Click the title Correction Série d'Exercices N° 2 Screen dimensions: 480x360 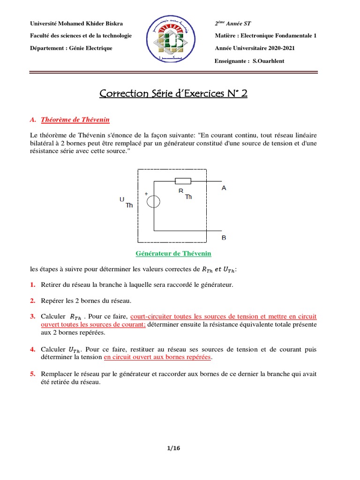point(173,94)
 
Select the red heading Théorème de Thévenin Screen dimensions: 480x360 point(75,120)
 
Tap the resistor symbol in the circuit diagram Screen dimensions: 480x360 point(182,181)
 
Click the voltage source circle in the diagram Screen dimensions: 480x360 point(153,202)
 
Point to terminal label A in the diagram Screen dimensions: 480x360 point(224,188)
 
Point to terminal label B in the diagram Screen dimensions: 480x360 point(224,238)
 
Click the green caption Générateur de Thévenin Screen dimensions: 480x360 point(173,254)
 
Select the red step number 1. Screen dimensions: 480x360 point(32,285)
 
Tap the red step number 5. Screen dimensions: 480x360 point(32,374)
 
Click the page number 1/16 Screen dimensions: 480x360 point(173,448)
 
